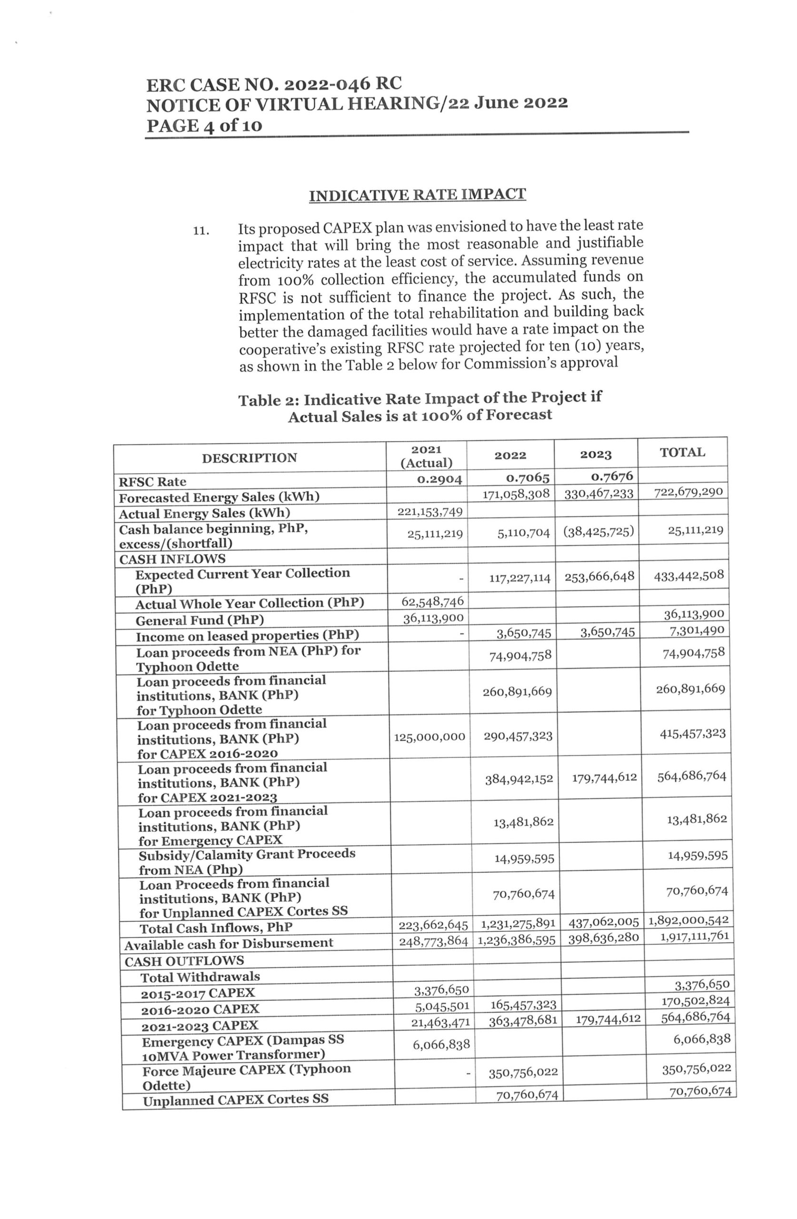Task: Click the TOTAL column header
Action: click(x=682, y=452)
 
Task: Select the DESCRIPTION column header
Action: click(x=249, y=458)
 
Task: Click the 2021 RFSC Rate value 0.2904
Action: click(x=439, y=480)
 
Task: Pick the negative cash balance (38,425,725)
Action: click(x=598, y=532)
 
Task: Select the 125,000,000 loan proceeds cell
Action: click(x=429, y=737)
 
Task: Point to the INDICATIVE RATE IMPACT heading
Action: click(x=418, y=195)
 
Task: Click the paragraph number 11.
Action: click(x=201, y=230)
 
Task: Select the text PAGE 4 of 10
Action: click(x=204, y=126)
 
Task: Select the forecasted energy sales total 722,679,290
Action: click(x=688, y=492)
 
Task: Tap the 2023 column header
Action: click(x=595, y=455)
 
